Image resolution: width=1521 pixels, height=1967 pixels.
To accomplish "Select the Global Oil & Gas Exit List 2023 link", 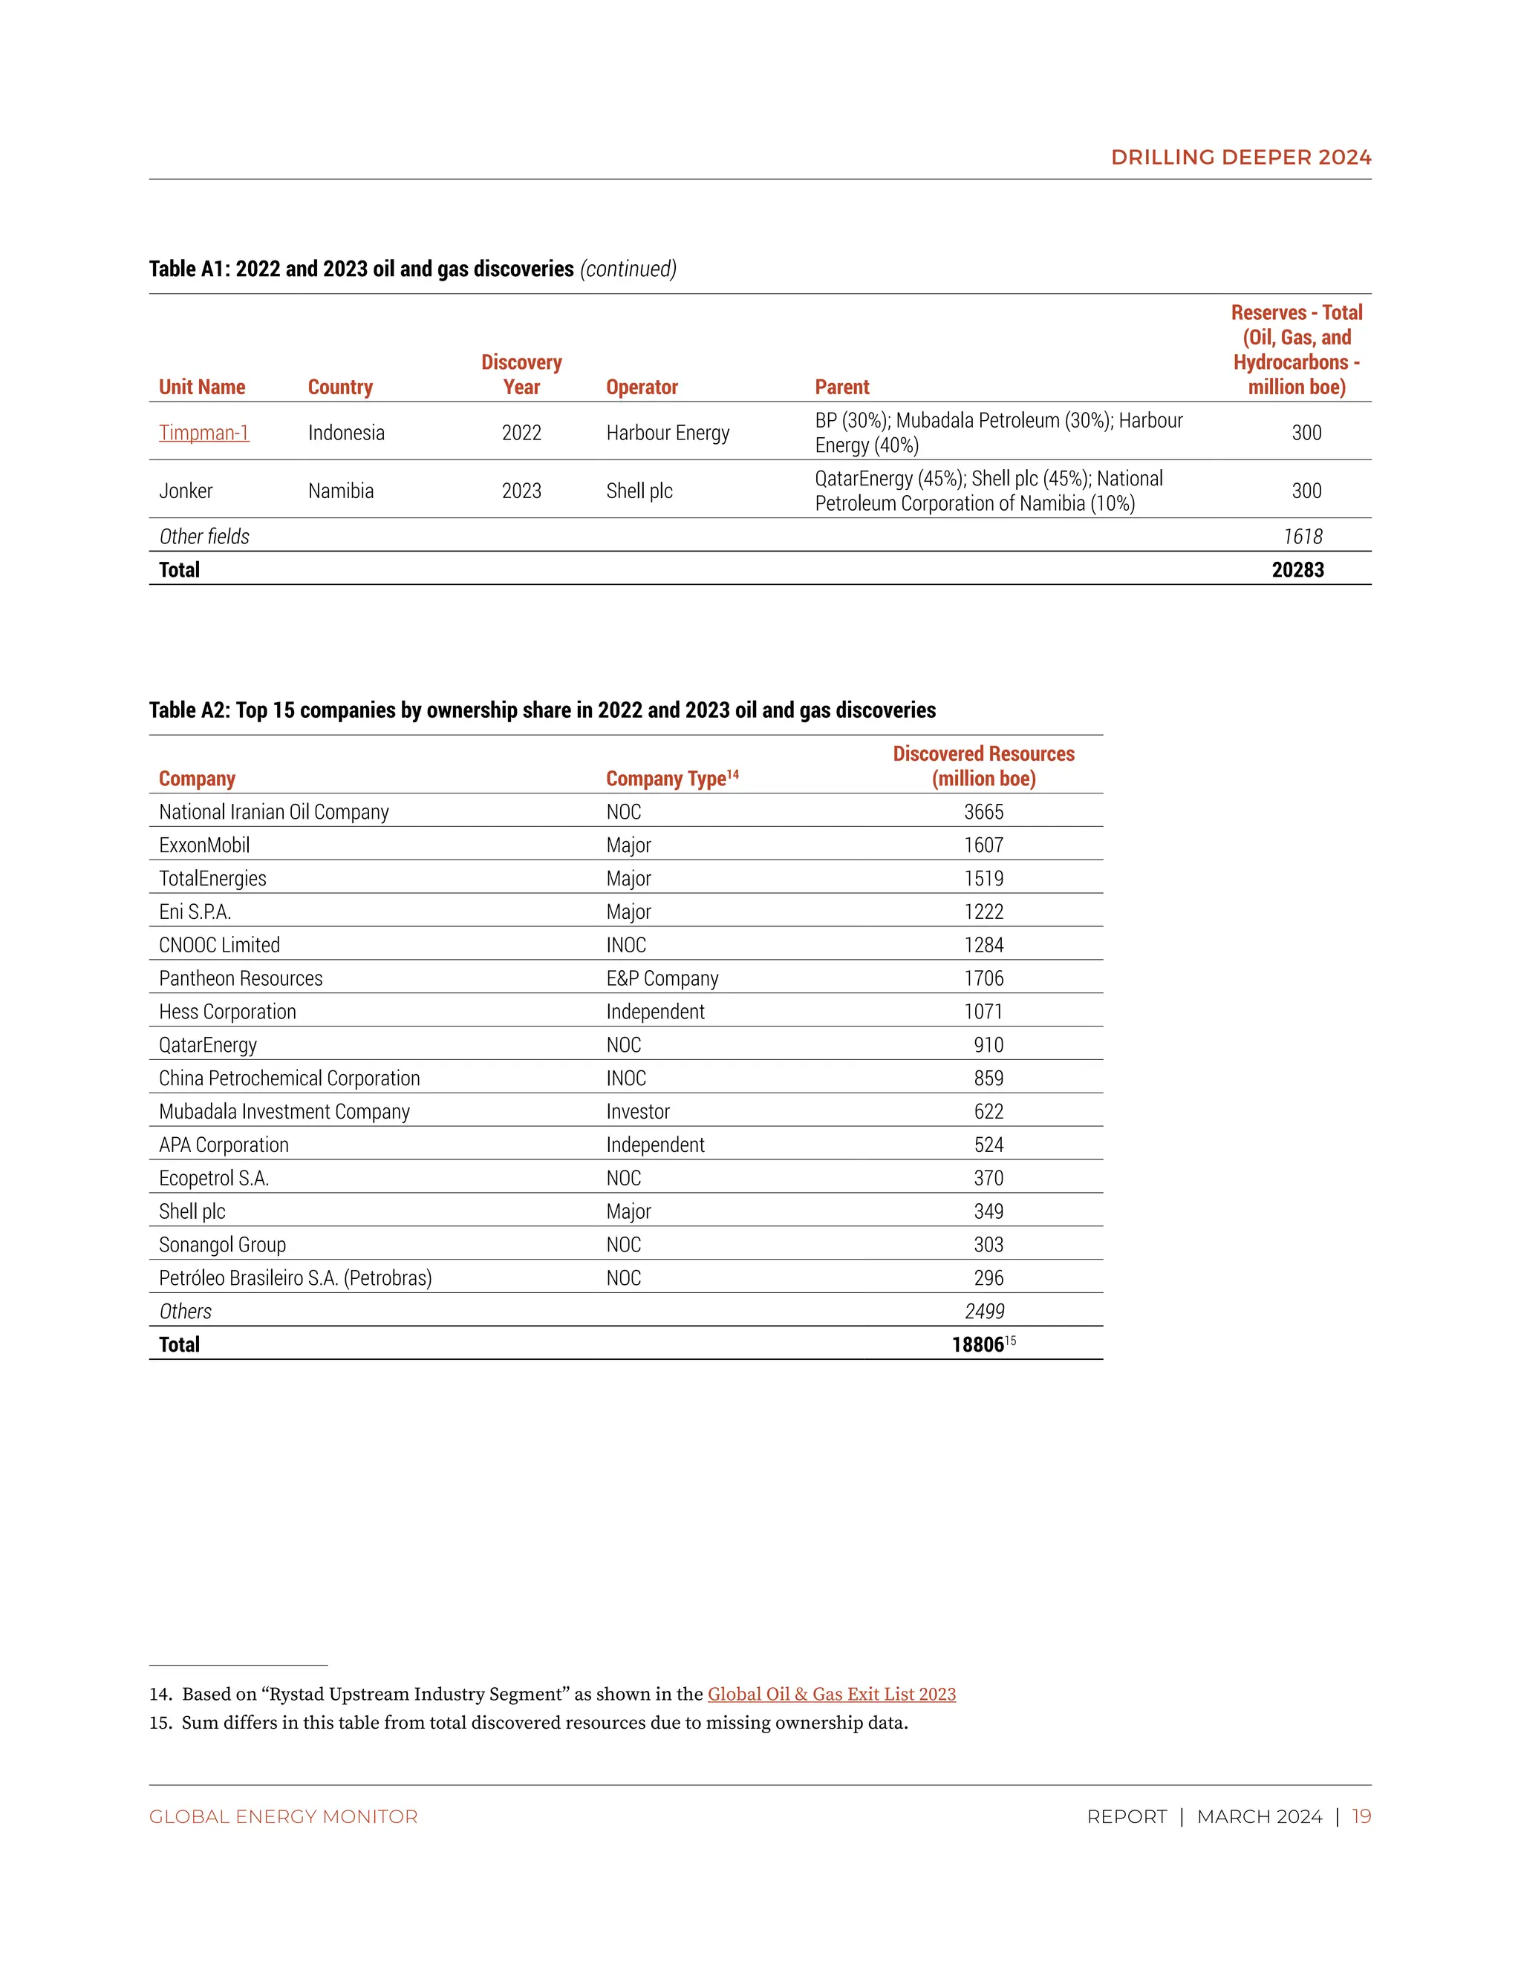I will pos(831,1693).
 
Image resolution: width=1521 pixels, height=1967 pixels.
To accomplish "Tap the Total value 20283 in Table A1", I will pos(1297,569).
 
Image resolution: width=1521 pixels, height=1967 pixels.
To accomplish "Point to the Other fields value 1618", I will pos(1303,537).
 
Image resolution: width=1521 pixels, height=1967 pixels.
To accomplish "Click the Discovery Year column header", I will pos(521,375).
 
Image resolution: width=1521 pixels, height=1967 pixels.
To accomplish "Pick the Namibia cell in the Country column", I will pos(341,491).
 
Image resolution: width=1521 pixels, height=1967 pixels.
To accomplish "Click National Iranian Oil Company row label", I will pos(274,811).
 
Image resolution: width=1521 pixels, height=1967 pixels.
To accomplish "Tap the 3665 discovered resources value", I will pos(983,811).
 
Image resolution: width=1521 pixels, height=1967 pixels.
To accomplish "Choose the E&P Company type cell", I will pos(662,978).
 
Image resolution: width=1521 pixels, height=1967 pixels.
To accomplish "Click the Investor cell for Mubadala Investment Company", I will pos(638,1111).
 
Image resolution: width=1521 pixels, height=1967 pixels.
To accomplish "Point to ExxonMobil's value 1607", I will pos(983,845).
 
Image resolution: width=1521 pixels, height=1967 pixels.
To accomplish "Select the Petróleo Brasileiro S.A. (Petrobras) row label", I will pos(296,1278).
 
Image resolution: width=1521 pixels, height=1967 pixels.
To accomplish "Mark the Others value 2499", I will pos(984,1312).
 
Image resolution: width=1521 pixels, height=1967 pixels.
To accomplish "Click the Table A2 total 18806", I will pos(977,1345).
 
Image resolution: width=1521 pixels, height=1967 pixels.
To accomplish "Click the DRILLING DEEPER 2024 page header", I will pos(1241,157).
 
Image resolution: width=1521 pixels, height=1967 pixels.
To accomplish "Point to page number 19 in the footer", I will pos(1361,1816).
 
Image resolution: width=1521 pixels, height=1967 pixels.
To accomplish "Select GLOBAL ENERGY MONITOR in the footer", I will pos(283,1816).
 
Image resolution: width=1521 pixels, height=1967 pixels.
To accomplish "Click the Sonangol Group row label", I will pos(223,1245).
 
